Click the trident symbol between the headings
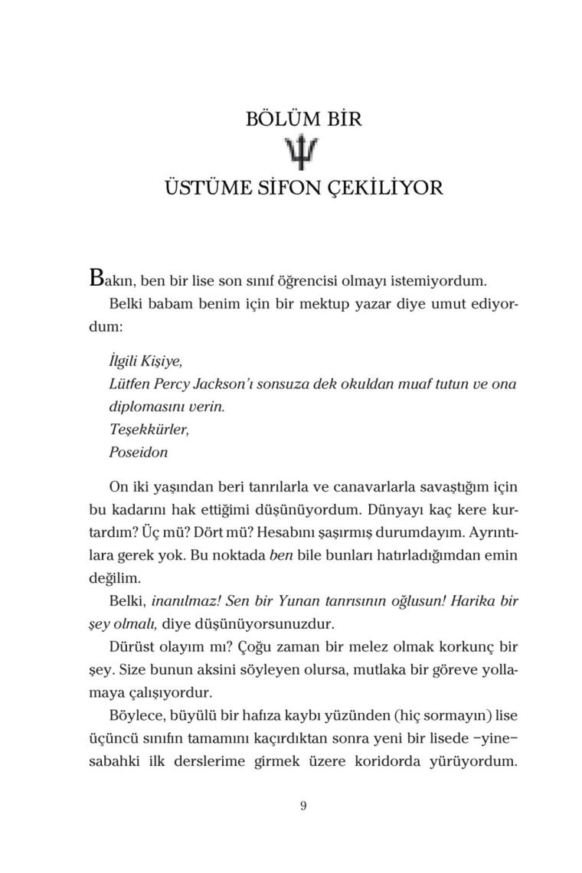304,154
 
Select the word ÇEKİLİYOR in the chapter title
387,188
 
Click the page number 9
304,805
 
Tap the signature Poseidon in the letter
138,452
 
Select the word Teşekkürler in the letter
149,429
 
